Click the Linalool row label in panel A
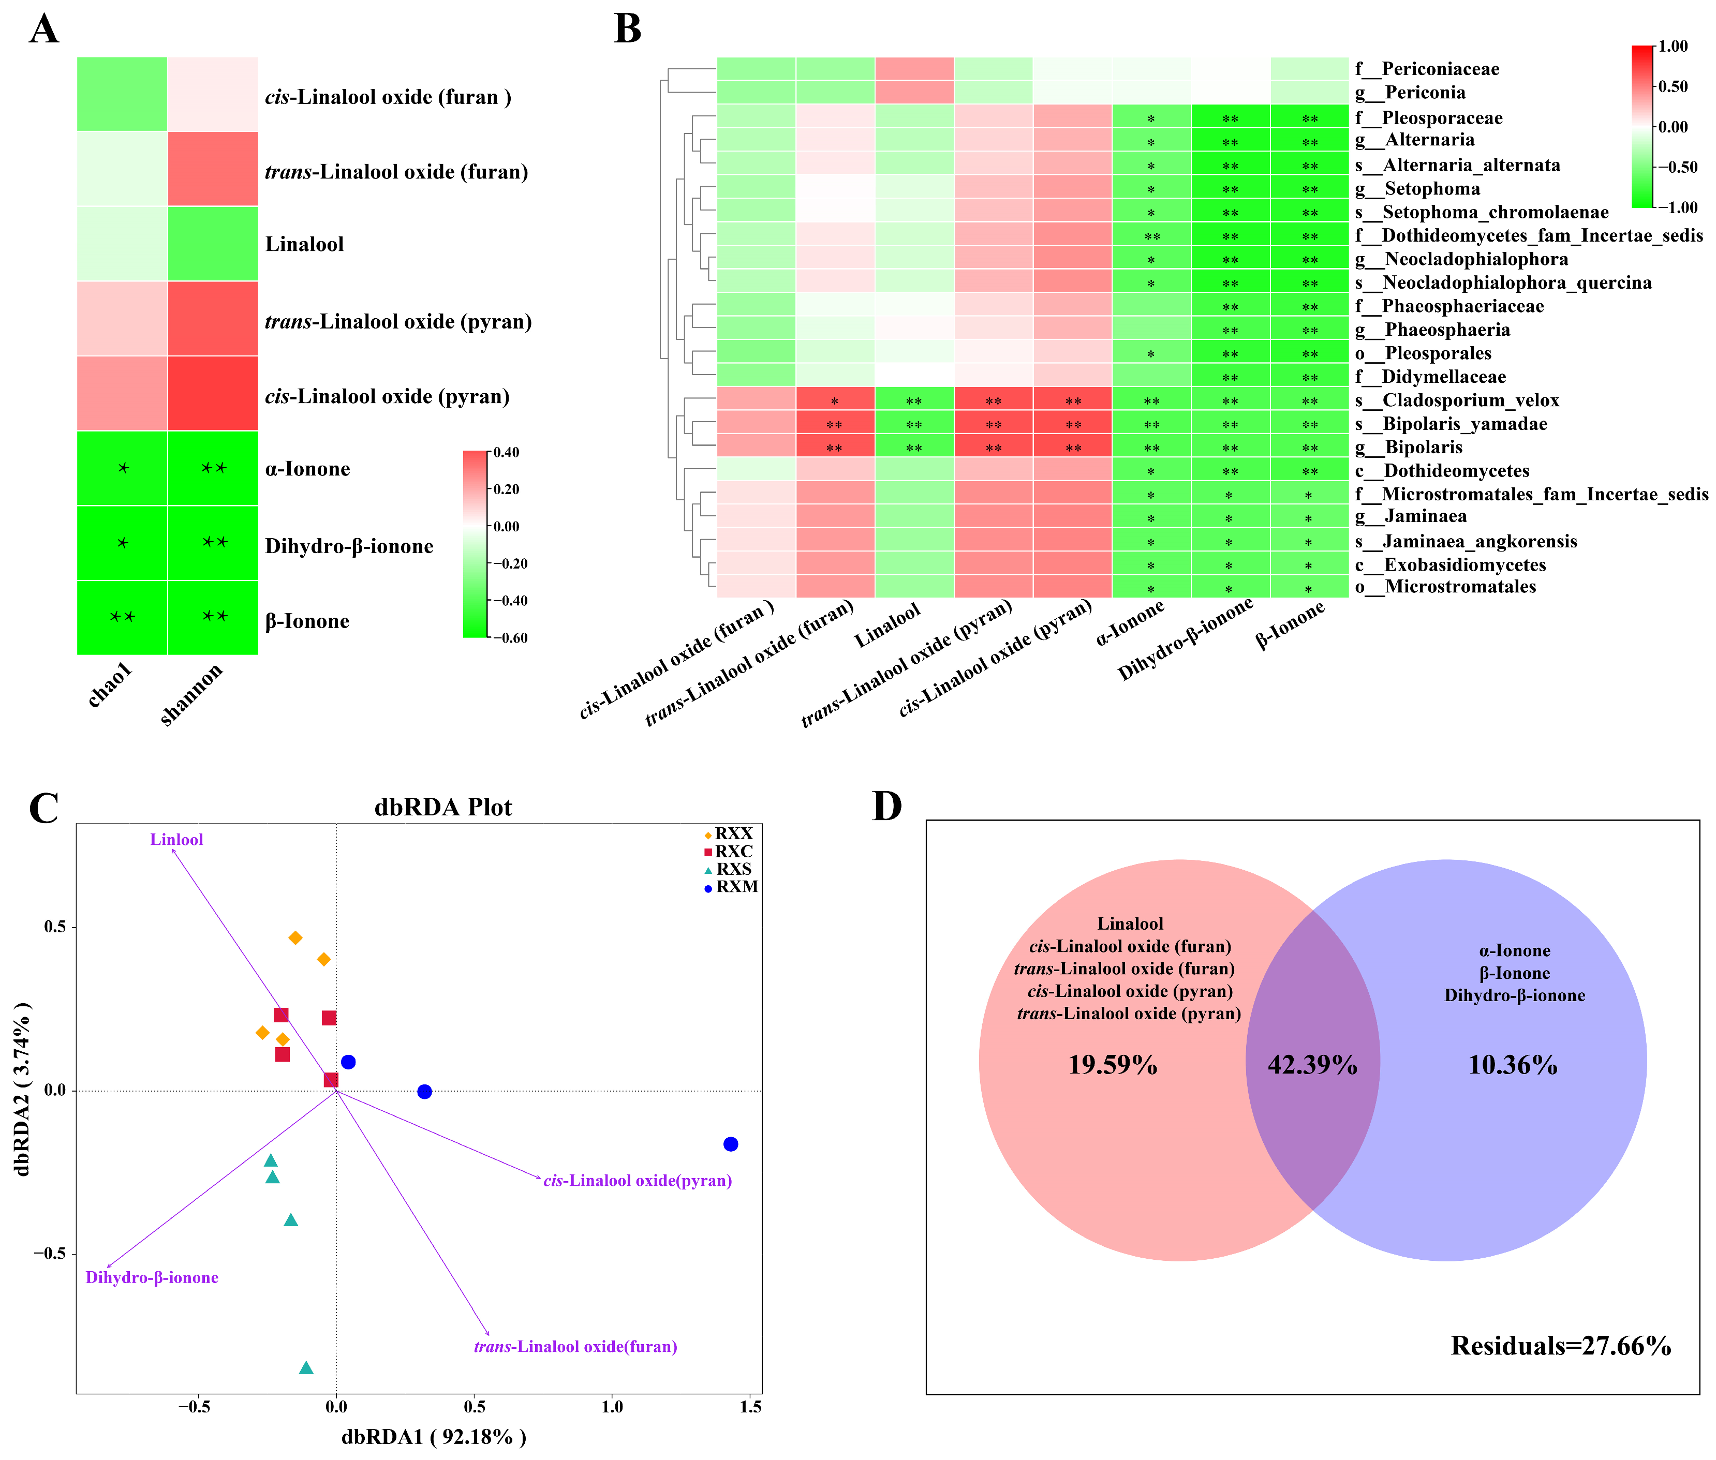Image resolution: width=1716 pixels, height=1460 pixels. click(x=304, y=244)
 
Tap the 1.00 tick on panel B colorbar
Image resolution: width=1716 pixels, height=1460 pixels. click(x=1672, y=47)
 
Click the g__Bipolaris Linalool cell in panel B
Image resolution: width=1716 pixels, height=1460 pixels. click(x=914, y=448)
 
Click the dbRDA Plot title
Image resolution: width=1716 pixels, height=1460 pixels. click(x=443, y=807)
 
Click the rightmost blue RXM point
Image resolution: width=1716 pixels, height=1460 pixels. click(x=730, y=1144)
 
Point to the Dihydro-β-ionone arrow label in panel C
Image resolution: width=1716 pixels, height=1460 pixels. click(x=152, y=1277)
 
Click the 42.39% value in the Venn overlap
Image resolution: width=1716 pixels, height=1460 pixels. click(x=1312, y=1064)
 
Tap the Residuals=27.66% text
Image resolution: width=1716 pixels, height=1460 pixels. click(x=1560, y=1346)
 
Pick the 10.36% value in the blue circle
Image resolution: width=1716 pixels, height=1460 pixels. click(x=1512, y=1064)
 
